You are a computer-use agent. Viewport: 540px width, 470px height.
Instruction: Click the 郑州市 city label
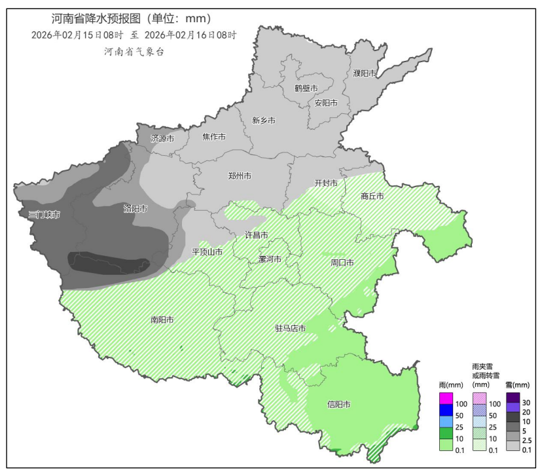click(240, 176)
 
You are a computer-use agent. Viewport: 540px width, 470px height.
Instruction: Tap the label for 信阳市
click(338, 405)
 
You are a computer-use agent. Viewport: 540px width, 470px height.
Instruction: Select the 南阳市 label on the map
click(162, 320)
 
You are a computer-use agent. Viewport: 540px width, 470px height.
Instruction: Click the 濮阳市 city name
click(365, 73)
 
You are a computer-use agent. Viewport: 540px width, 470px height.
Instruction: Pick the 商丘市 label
click(372, 196)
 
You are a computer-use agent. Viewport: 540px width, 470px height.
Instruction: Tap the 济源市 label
click(162, 139)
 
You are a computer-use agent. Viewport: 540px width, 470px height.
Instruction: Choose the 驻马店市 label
click(290, 328)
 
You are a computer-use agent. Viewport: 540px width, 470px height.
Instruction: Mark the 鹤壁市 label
click(306, 88)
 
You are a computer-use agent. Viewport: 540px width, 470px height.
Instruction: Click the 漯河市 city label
click(270, 259)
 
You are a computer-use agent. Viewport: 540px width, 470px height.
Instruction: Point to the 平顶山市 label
click(207, 251)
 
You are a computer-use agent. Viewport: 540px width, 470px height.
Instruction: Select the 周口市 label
click(342, 262)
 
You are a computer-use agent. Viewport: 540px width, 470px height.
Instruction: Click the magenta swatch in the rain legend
click(446, 398)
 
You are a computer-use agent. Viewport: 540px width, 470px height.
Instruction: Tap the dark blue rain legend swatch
click(446, 410)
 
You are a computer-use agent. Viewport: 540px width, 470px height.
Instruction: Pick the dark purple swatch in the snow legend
click(513, 398)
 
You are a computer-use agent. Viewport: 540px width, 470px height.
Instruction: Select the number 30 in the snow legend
click(526, 402)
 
